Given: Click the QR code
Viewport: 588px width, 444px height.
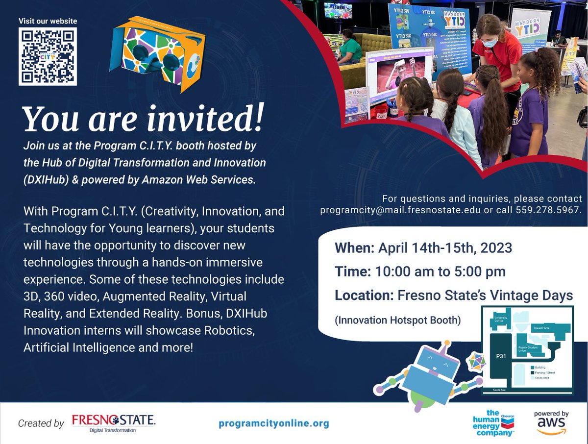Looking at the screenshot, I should [48, 56].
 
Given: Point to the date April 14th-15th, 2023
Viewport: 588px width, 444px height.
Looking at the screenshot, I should [445, 247].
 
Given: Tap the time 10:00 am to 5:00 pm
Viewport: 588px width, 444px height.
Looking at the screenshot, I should [440, 271].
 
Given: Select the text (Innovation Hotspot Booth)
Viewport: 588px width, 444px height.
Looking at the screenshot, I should [398, 321].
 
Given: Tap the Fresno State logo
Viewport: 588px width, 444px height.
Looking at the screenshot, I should [113, 423].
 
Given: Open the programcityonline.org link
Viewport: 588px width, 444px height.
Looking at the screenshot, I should [274, 423].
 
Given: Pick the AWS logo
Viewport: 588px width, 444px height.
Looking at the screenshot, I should [551, 423].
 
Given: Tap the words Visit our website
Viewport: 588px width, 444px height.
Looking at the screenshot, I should [48, 21].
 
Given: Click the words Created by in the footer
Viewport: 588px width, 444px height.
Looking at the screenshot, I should [41, 423].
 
